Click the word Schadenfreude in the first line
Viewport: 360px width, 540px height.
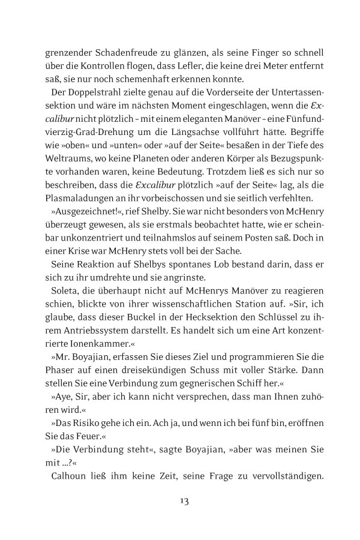point(116,53)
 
